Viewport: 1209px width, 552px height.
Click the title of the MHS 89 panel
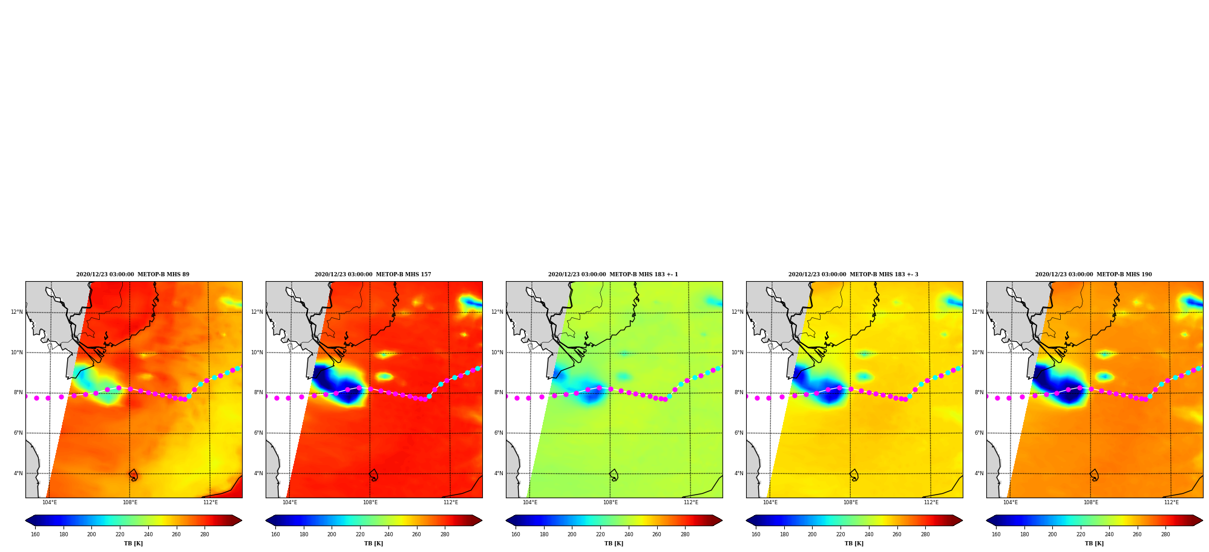tap(133, 274)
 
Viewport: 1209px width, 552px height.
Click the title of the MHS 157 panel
tap(373, 274)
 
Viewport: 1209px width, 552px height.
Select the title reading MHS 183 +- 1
tap(613, 274)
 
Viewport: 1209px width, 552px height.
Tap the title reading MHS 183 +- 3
tap(853, 274)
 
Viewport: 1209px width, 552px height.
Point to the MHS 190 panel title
tap(1093, 274)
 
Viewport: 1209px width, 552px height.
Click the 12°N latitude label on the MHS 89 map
tap(16, 312)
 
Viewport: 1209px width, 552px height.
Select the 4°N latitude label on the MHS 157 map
tap(258, 473)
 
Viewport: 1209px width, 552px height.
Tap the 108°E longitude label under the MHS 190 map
tap(1091, 502)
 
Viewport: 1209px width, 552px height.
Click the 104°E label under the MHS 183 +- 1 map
tap(530, 502)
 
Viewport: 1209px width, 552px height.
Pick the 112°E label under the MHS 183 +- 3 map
tap(931, 502)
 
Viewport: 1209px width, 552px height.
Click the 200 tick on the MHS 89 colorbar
tap(91, 534)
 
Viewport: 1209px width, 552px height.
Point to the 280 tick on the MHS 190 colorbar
tap(1165, 534)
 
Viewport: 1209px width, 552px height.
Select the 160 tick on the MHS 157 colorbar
tap(275, 534)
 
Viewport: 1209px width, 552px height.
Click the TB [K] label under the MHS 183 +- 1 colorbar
tap(614, 544)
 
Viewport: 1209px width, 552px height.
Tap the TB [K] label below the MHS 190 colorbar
tap(1094, 544)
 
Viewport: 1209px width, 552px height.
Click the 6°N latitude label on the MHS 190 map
tap(979, 433)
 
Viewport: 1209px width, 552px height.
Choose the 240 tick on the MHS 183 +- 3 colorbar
tap(869, 534)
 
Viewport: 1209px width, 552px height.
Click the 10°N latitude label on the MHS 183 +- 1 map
tap(497, 352)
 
